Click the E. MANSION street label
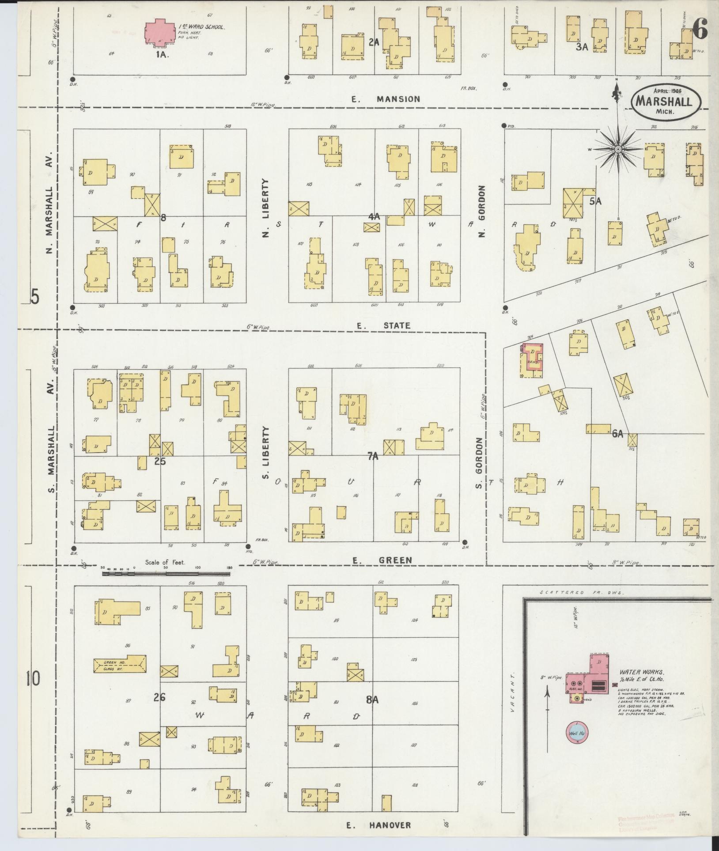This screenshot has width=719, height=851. [x=386, y=99]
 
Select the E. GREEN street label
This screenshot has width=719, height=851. [x=382, y=560]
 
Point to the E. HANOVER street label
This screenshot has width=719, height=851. [x=378, y=825]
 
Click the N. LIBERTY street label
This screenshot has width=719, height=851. [x=265, y=208]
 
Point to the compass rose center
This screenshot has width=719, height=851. [x=618, y=150]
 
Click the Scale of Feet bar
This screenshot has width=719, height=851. [x=166, y=574]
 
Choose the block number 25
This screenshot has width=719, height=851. [x=160, y=461]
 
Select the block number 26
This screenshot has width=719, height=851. [x=159, y=698]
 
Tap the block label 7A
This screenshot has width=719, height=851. [x=373, y=457]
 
